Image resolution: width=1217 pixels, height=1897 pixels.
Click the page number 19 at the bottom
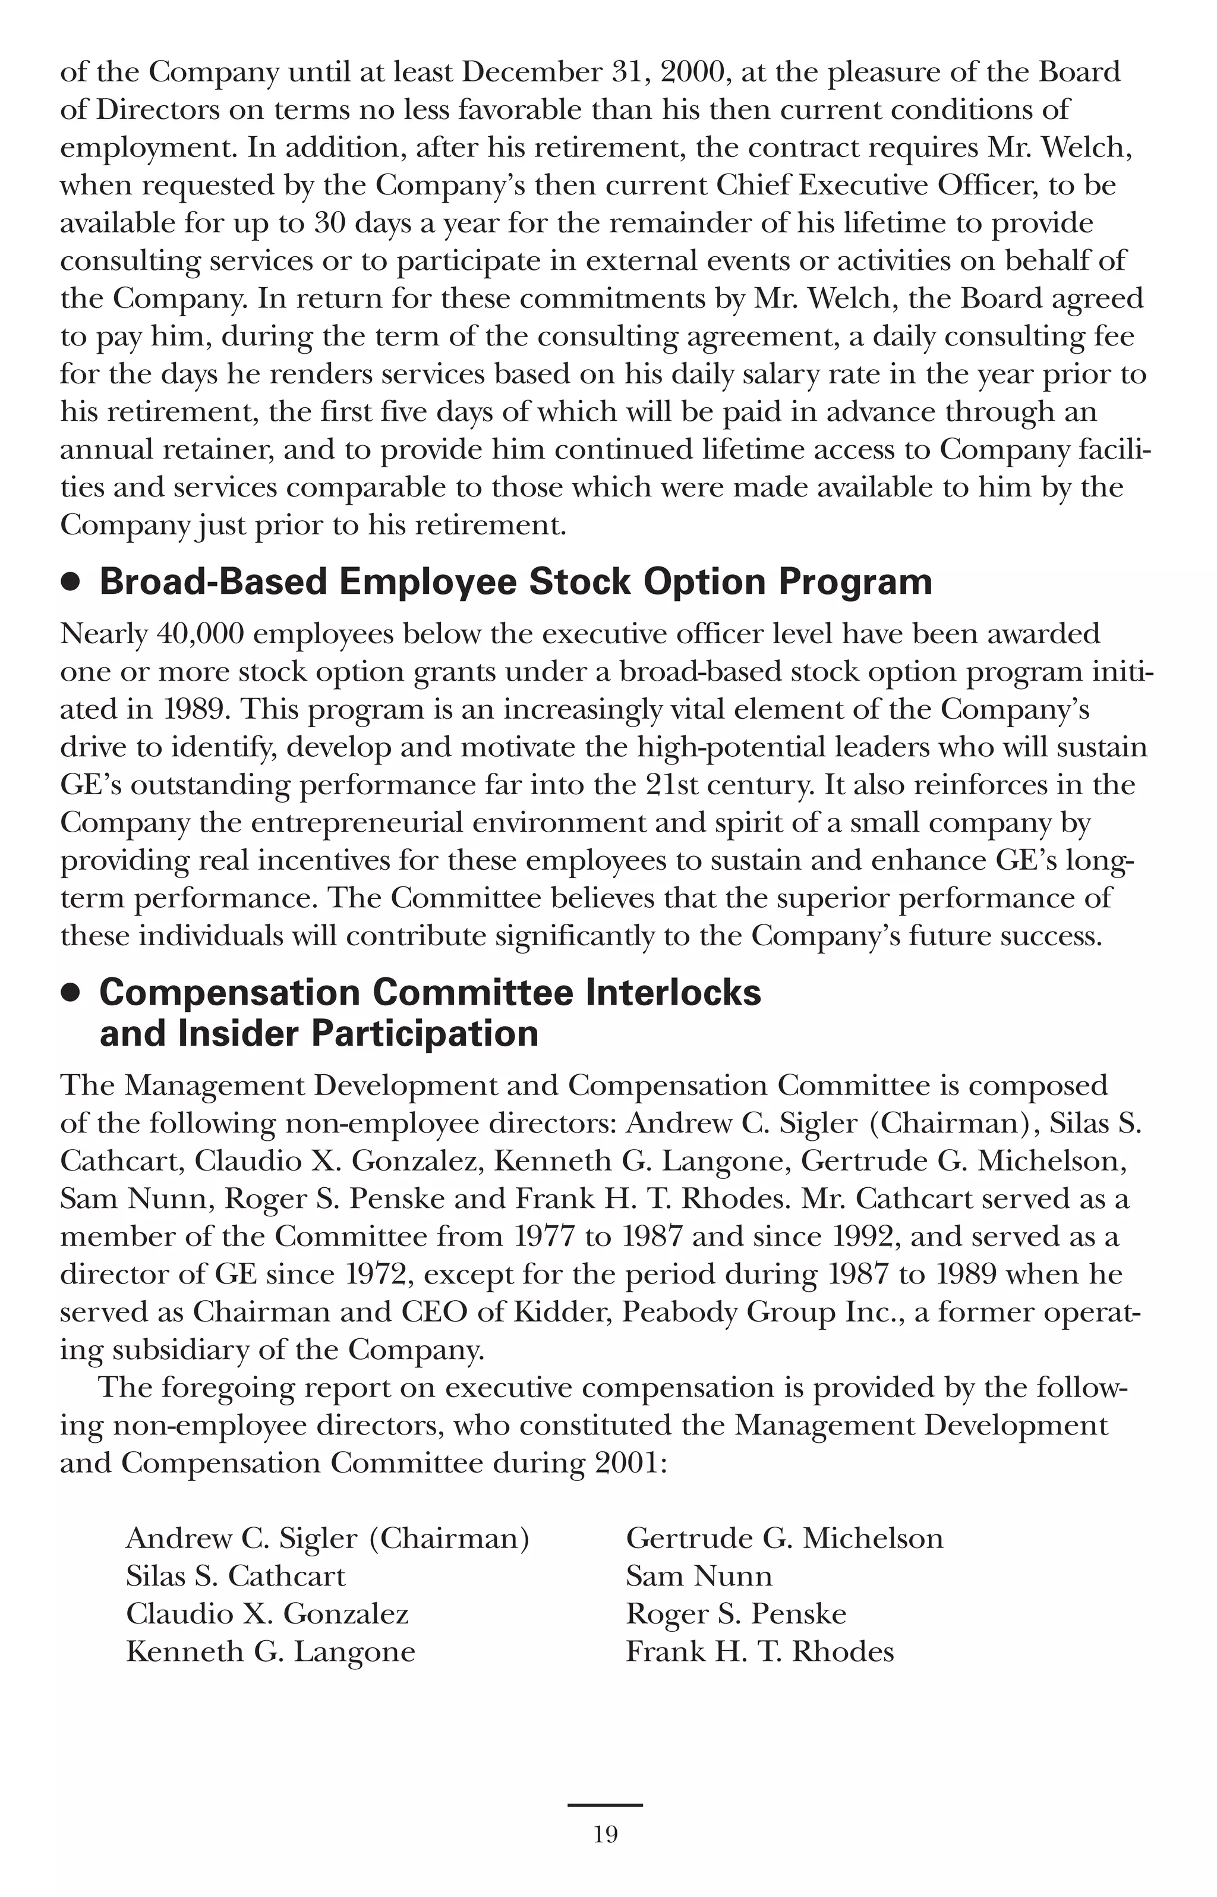point(606,1835)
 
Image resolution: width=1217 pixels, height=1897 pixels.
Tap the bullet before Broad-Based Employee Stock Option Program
point(71,583)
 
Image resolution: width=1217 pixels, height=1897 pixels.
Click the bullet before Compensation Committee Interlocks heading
point(71,993)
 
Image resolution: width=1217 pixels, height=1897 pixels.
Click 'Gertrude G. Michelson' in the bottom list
point(784,1538)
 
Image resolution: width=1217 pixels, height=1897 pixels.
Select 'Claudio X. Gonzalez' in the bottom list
point(267,1614)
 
